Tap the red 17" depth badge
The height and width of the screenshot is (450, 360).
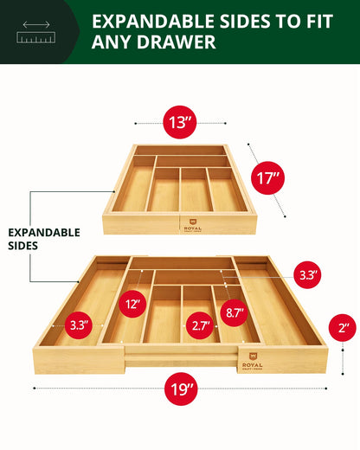click(269, 179)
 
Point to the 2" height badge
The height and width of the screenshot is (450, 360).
click(343, 329)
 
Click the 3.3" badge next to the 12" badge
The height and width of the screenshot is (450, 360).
click(80, 326)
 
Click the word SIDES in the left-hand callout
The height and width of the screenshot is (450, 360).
click(25, 247)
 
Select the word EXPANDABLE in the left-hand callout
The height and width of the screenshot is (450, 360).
click(43, 233)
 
